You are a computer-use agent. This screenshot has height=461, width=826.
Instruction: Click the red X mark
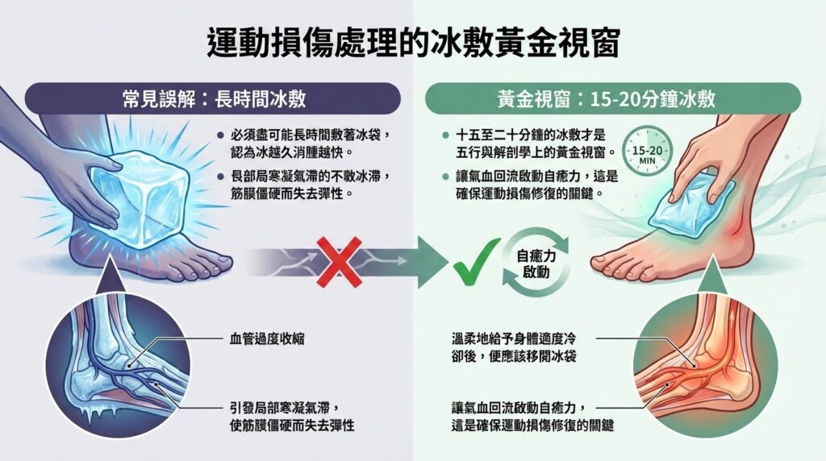click(x=340, y=262)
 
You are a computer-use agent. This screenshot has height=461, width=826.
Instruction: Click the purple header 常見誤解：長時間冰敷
click(x=213, y=98)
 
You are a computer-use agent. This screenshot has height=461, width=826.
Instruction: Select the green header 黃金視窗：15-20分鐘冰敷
click(x=613, y=98)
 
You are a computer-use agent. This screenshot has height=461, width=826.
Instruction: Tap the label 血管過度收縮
click(x=267, y=339)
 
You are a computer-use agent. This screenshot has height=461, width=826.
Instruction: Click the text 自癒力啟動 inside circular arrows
click(x=536, y=264)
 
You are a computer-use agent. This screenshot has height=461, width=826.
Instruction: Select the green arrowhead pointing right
click(x=433, y=262)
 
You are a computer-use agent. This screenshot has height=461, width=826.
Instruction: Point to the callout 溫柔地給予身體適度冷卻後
click(x=514, y=347)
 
